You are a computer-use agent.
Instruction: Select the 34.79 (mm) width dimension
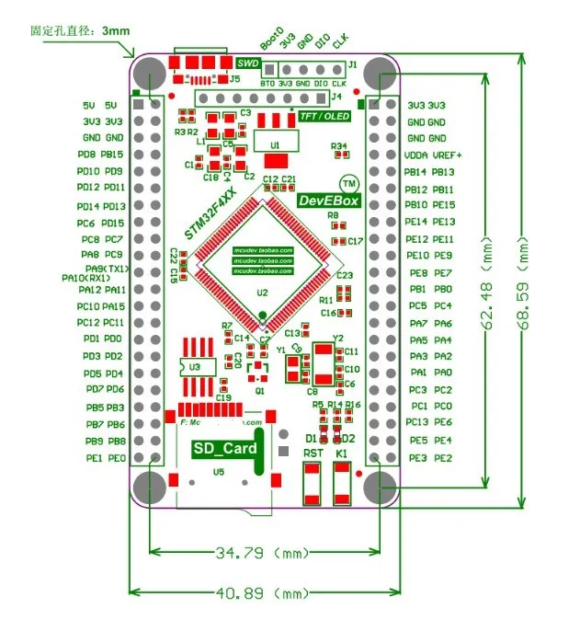[259, 554]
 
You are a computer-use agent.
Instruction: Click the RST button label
[313, 454]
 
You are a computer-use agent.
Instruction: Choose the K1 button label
[341, 454]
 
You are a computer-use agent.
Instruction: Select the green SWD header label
[247, 63]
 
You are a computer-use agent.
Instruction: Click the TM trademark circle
[349, 182]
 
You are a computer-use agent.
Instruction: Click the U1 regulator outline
[274, 144]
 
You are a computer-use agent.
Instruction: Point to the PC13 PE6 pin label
[430, 422]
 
